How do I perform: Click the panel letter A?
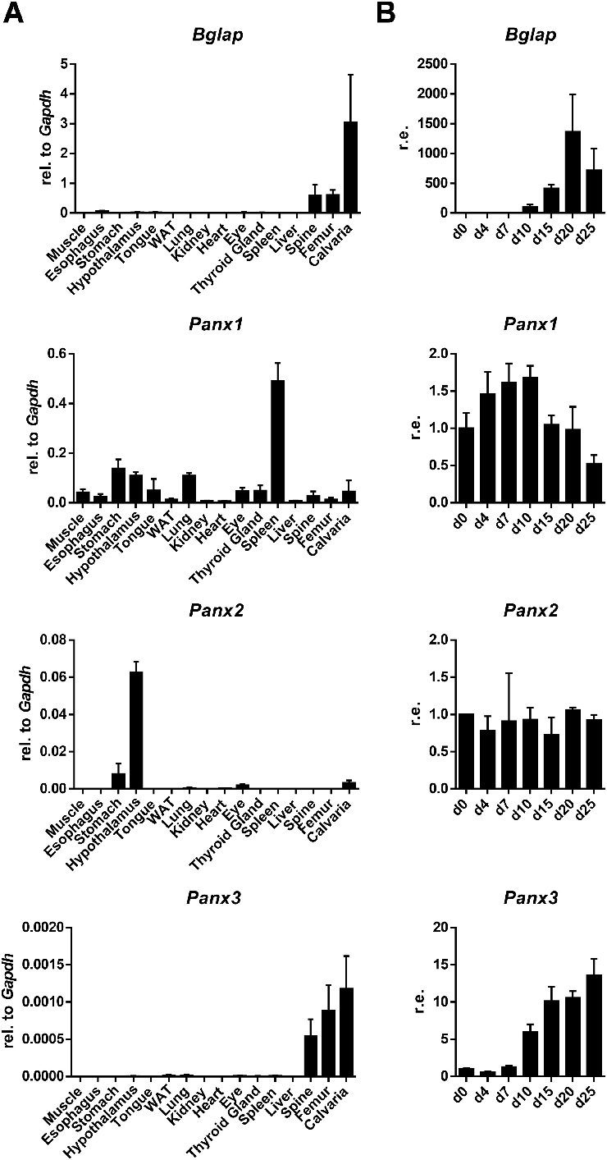(13, 13)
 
